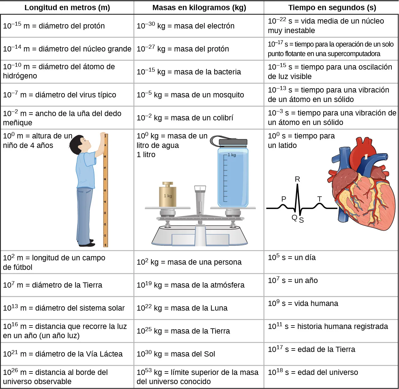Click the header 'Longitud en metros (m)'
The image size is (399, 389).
(x=67, y=8)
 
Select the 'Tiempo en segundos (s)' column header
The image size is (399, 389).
(x=332, y=8)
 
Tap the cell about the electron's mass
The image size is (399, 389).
(x=186, y=26)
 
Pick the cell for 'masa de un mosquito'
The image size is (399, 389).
(x=190, y=95)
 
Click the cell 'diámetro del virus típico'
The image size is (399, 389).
(x=59, y=95)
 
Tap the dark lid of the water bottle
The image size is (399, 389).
(x=233, y=142)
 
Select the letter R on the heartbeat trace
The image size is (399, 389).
(x=297, y=179)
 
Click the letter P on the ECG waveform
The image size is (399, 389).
(x=284, y=199)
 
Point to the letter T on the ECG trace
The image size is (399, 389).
(x=320, y=199)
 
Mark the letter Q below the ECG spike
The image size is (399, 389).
(x=294, y=217)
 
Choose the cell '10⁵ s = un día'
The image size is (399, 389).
(x=292, y=258)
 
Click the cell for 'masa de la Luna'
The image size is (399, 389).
(x=182, y=308)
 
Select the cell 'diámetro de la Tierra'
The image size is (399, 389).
(x=52, y=285)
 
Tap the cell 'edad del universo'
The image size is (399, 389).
(x=313, y=372)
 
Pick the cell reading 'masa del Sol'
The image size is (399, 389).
(x=176, y=354)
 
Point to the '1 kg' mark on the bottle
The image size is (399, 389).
(x=232, y=155)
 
